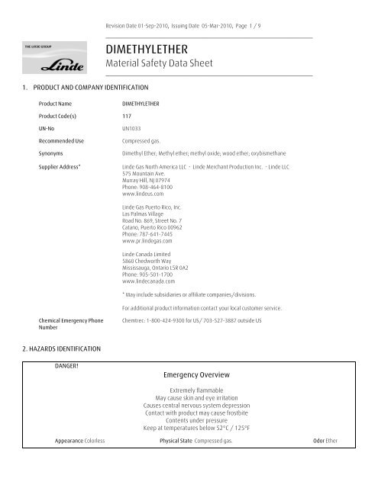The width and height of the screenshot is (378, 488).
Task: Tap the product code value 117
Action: click(127, 115)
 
